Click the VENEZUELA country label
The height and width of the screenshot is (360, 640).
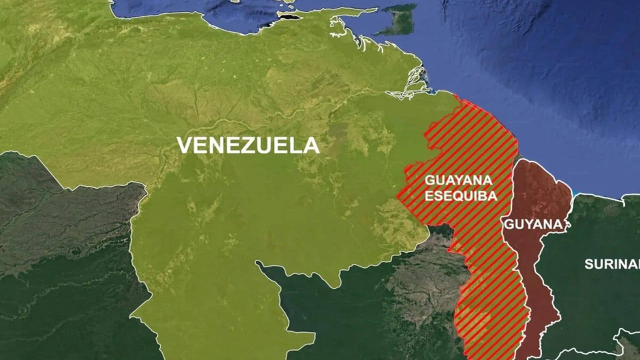pos(248,145)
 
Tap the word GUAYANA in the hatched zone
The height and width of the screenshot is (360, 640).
pos(458,180)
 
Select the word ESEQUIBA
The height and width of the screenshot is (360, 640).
pos(461,196)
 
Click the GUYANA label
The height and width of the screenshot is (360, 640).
pos(533,224)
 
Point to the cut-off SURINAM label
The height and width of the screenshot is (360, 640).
pos(611,264)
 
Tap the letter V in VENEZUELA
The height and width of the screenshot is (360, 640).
pos(184,145)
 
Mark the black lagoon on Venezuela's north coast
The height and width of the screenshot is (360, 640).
pos(290,17)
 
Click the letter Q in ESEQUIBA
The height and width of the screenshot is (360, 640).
pos(456,196)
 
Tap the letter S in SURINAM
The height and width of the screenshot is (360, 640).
pos(588,264)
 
